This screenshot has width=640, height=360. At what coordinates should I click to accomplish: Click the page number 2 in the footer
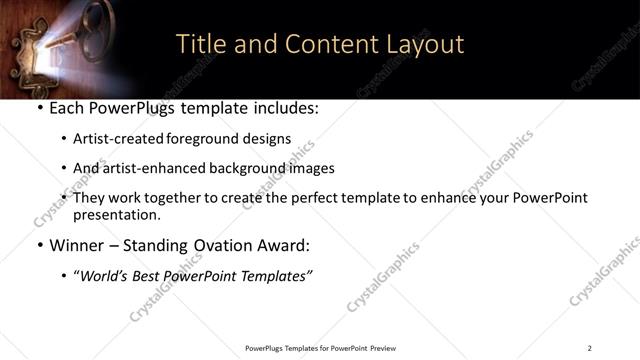click(x=590, y=348)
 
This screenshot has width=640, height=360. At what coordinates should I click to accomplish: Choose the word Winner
click(x=76, y=245)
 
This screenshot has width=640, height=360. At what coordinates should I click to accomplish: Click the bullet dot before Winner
click(x=38, y=245)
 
